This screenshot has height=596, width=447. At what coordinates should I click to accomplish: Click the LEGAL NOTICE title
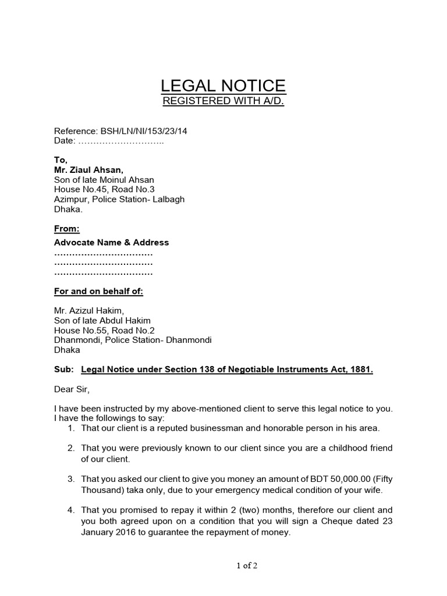(223, 86)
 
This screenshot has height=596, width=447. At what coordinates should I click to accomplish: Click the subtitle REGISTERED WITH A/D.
(223, 102)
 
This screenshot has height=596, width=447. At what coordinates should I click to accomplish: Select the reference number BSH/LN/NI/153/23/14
(144, 131)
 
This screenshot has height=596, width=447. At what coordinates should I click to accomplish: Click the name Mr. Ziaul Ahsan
(88, 170)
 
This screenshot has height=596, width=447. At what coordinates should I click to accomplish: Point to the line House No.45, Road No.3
(104, 190)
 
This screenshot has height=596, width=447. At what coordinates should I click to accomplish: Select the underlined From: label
(67, 229)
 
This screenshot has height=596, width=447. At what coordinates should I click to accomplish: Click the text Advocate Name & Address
(112, 242)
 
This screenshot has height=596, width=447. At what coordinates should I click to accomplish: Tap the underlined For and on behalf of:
(98, 291)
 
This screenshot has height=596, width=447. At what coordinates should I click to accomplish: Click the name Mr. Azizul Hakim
(89, 311)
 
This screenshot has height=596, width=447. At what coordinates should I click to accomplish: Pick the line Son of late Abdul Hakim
(102, 321)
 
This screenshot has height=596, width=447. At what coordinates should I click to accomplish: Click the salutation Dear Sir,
(73, 389)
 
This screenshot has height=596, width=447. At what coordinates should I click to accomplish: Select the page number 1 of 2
(224, 566)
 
